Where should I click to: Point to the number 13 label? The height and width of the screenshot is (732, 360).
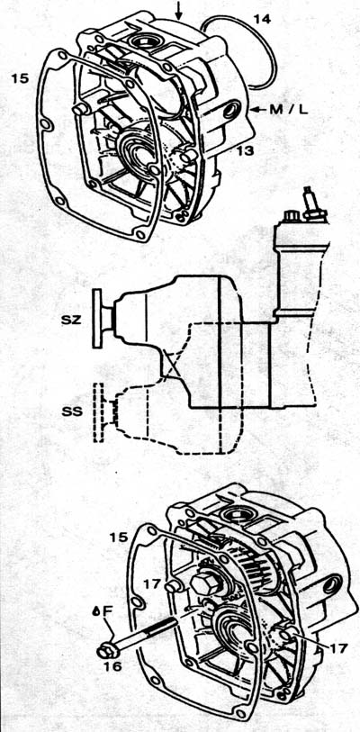(244, 150)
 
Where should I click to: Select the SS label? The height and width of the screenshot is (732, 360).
(72, 412)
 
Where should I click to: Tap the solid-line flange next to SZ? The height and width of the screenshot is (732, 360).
(97, 319)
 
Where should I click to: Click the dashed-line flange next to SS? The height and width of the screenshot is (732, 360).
(98, 412)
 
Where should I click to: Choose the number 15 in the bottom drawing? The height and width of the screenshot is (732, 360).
(118, 537)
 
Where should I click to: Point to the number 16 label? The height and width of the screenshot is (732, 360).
(112, 665)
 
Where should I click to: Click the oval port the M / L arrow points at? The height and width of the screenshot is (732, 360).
(230, 110)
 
